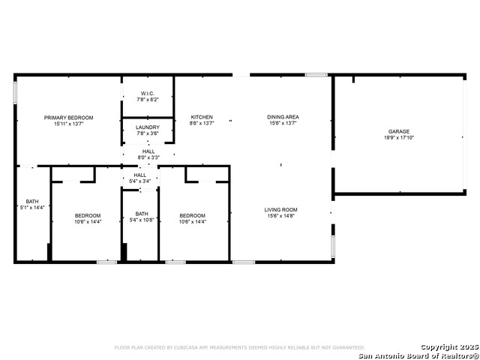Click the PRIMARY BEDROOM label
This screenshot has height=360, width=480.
(x=68, y=118)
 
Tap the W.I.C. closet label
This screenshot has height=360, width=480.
(x=148, y=94)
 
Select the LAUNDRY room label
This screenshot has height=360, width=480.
(x=148, y=127)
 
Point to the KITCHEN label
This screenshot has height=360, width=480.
(x=202, y=117)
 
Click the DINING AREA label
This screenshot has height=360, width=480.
(x=283, y=117)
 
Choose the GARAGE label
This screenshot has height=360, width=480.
(x=398, y=131)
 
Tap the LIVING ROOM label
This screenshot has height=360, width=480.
(x=281, y=210)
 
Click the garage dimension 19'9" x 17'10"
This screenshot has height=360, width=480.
(x=398, y=138)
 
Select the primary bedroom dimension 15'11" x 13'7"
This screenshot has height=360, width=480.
(x=68, y=124)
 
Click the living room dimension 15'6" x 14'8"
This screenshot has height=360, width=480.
(x=281, y=216)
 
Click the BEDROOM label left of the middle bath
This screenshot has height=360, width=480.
(x=87, y=216)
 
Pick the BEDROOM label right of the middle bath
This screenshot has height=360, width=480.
(x=192, y=216)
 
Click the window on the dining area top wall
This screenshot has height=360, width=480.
(x=316, y=75)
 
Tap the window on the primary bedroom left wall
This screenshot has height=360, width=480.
(x=15, y=92)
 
